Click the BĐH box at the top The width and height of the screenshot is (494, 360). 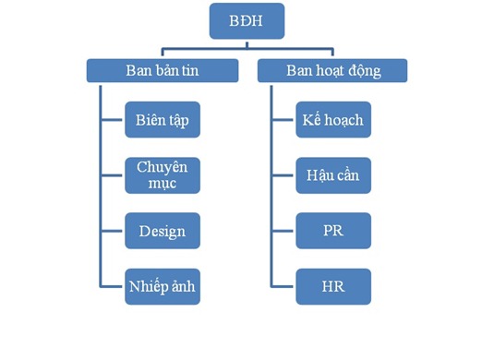(x=247, y=21)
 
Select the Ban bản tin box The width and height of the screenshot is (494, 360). (x=163, y=70)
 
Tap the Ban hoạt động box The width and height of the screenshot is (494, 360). (x=332, y=70)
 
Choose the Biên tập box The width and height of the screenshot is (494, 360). (x=163, y=120)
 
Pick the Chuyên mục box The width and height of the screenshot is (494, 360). (x=163, y=175)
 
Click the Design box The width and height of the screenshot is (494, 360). (x=163, y=231)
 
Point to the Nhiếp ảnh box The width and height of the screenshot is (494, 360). (x=163, y=286)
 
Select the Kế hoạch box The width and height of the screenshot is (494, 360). (x=333, y=120)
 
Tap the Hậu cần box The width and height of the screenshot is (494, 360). (x=333, y=175)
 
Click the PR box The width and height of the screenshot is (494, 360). (x=333, y=231)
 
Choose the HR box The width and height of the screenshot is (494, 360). (x=333, y=286)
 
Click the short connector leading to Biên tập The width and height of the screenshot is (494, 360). (x=112, y=120)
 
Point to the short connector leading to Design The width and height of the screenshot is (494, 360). (x=112, y=231)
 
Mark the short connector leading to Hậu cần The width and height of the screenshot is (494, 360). (x=283, y=175)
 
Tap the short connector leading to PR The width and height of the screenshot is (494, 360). (x=283, y=231)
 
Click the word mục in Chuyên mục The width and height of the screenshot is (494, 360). (x=163, y=184)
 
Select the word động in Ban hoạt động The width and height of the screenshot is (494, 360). (x=365, y=71)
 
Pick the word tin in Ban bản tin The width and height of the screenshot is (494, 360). (x=190, y=70)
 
